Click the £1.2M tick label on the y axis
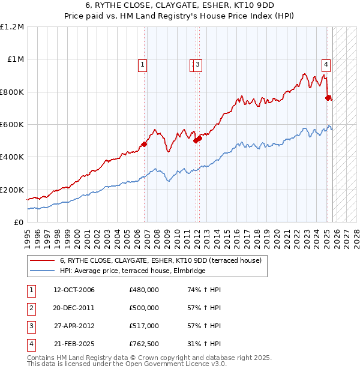pyautogui.click(x=12, y=27)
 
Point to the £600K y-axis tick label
pyautogui.click(x=12, y=125)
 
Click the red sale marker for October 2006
pyautogui.click(x=145, y=144)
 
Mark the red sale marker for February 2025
pyautogui.click(x=328, y=98)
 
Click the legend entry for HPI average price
pyautogui.click(x=133, y=271)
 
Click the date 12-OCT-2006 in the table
pyautogui.click(x=74, y=290)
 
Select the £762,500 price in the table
pyautogui.click(x=144, y=344)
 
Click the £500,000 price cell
pyautogui.click(x=144, y=308)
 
